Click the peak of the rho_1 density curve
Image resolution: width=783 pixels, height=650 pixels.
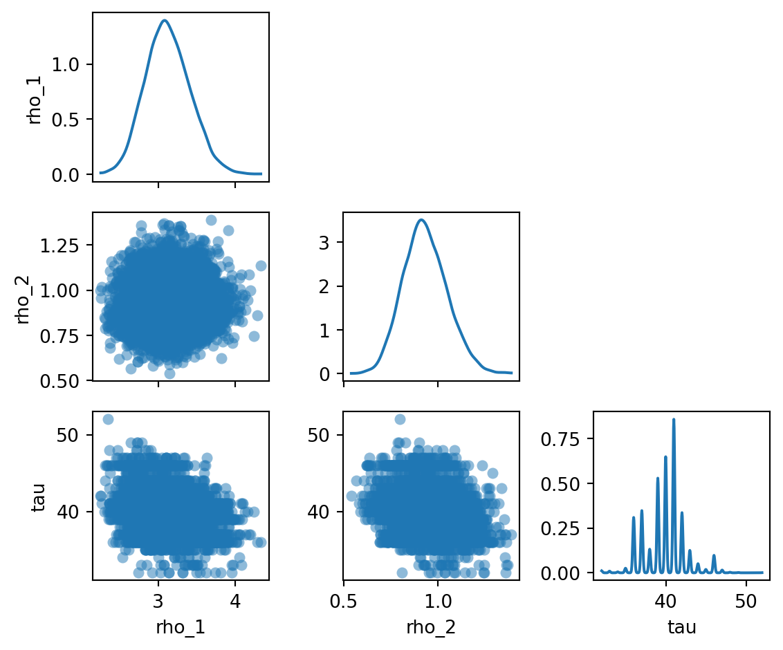(165, 21)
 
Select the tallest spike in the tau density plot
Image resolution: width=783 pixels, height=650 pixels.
(673, 419)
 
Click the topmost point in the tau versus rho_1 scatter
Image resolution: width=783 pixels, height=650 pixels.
(108, 420)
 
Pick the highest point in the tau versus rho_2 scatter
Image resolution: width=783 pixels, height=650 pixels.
(400, 420)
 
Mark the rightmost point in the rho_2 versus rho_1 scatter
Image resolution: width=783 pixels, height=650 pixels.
(261, 266)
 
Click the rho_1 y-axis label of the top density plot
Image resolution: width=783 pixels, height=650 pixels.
(34, 97)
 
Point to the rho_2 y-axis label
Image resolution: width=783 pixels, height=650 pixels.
(23, 296)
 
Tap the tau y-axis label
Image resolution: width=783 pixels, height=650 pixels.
(39, 496)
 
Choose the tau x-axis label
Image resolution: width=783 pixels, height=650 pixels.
(681, 627)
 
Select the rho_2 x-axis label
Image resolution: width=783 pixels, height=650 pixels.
(431, 627)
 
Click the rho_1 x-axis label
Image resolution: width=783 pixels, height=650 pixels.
(181, 627)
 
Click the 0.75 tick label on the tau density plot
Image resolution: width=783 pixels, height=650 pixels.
(568, 438)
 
